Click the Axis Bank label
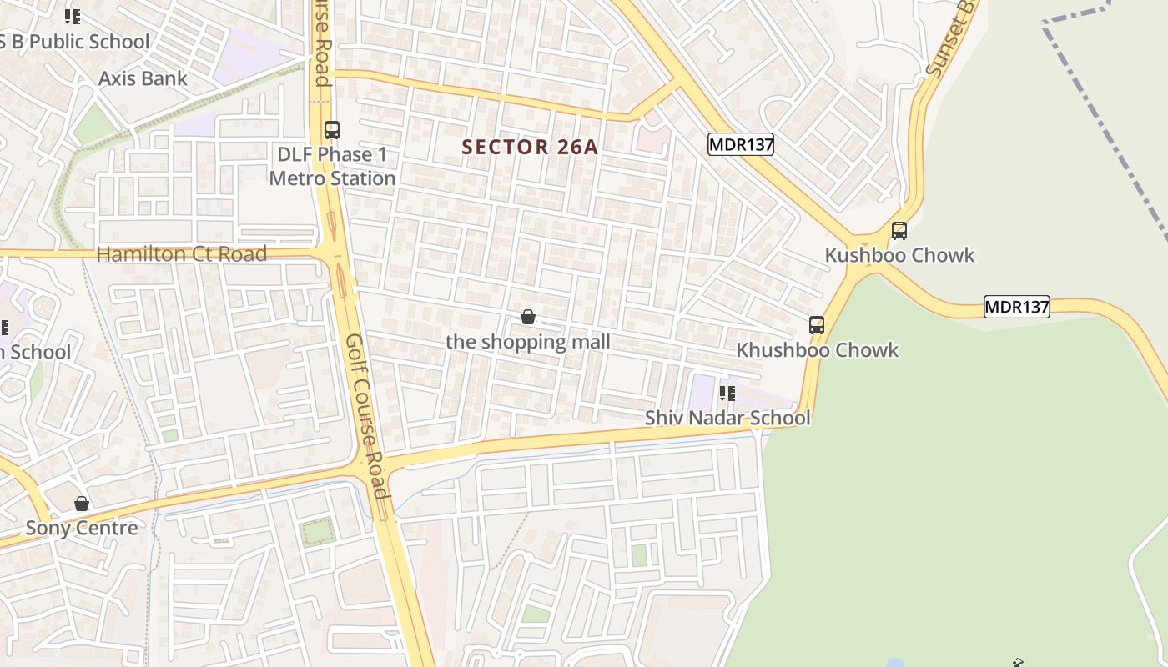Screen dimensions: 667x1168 (143, 78)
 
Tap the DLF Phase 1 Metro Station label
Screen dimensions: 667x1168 (332, 167)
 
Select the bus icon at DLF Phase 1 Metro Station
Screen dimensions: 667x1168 (332, 130)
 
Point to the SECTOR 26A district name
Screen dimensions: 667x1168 (530, 148)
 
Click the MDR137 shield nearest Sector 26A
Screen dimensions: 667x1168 (741, 145)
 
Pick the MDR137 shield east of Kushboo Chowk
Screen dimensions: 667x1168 (1016, 307)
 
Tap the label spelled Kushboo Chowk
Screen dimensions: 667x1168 (899, 255)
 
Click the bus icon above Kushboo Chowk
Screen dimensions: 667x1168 (899, 231)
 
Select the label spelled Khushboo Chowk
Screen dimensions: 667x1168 (817, 350)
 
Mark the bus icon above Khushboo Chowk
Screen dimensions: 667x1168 (817, 325)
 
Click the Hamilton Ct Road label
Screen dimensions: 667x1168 (182, 254)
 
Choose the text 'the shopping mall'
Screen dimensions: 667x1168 (528, 342)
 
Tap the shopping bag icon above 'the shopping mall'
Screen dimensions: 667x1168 (528, 317)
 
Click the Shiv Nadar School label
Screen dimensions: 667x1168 (727, 418)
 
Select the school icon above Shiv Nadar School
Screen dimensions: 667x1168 (727, 393)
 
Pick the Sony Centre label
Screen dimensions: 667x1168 (82, 528)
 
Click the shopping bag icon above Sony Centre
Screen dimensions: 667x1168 (82, 504)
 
